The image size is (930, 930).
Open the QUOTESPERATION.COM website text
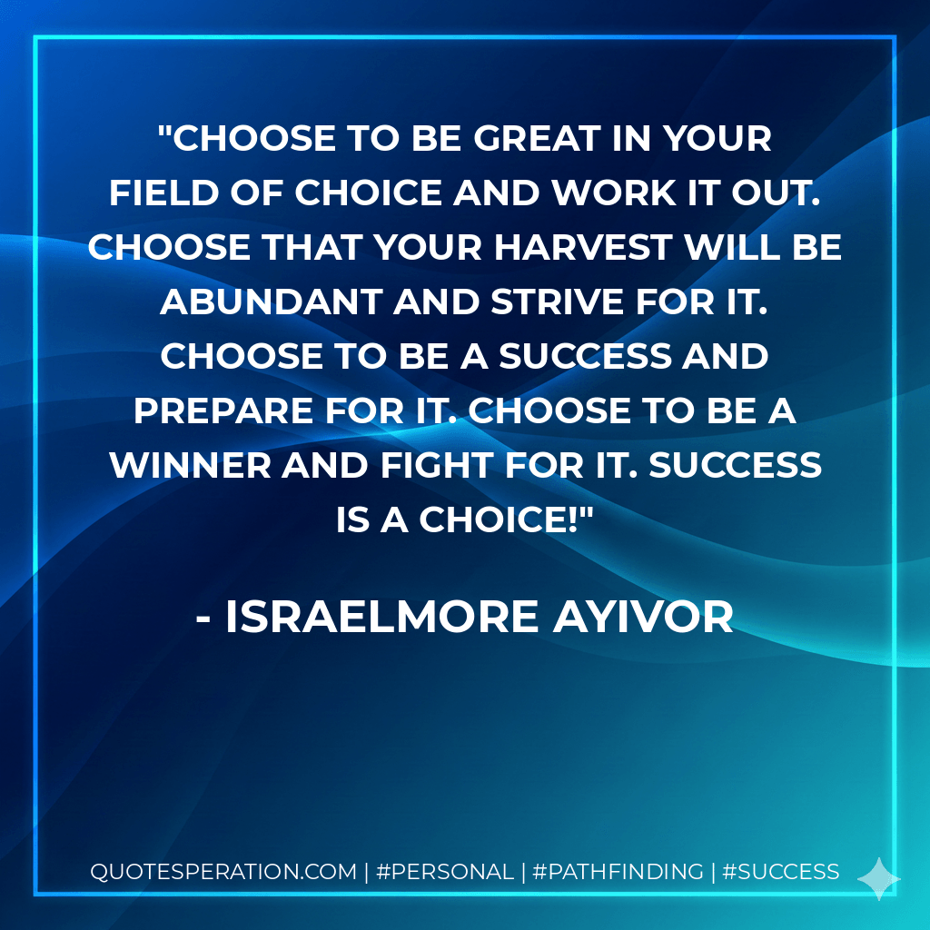pyautogui.click(x=223, y=872)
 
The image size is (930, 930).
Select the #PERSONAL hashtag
pyautogui.click(x=443, y=872)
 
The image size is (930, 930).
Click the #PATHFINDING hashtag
pyautogui.click(x=618, y=872)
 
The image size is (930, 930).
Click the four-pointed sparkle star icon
pyautogui.click(x=878, y=878)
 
